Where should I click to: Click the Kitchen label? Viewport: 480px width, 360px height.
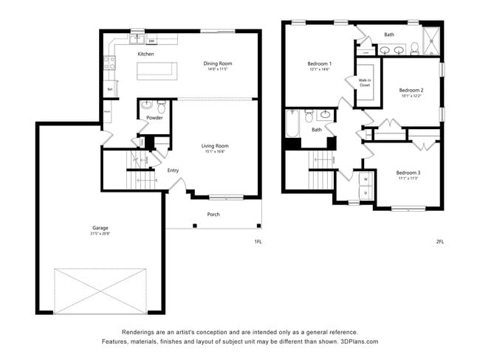pos(145,55)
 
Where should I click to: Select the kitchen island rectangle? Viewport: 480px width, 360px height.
pos(157,71)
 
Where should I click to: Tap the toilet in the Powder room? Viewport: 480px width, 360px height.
pos(161,105)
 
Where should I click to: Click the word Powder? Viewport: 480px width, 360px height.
pos(154,118)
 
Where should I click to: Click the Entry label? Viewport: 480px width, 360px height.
pos(173,170)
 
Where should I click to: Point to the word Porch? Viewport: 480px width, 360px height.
pos(213,215)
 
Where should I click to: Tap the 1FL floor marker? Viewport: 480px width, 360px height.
pos(258,241)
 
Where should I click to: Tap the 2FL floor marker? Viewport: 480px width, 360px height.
pos(440,241)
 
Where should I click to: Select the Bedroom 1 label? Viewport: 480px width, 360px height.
pos(320,63)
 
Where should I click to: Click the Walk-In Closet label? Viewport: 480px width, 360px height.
pos(365,82)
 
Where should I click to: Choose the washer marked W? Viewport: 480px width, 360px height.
pos(366,179)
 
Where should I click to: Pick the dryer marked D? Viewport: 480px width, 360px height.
pos(366,193)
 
